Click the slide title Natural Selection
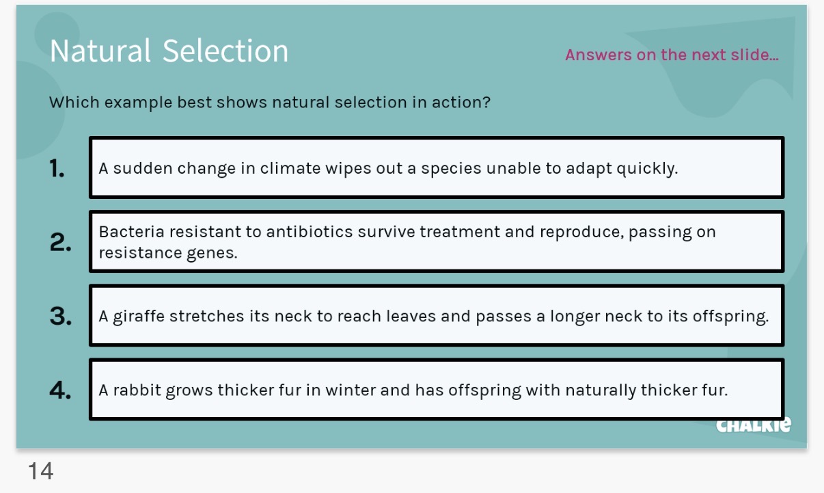coord(169,51)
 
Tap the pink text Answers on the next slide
coord(672,55)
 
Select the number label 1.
coord(57,168)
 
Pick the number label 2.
coord(60,243)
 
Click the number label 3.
coord(61,317)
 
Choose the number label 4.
coord(61,390)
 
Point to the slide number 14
coord(40,470)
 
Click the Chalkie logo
coord(754,425)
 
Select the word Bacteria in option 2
coord(126,232)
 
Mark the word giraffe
coord(139,317)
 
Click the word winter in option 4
coord(351,390)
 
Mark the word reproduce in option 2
coord(580,232)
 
